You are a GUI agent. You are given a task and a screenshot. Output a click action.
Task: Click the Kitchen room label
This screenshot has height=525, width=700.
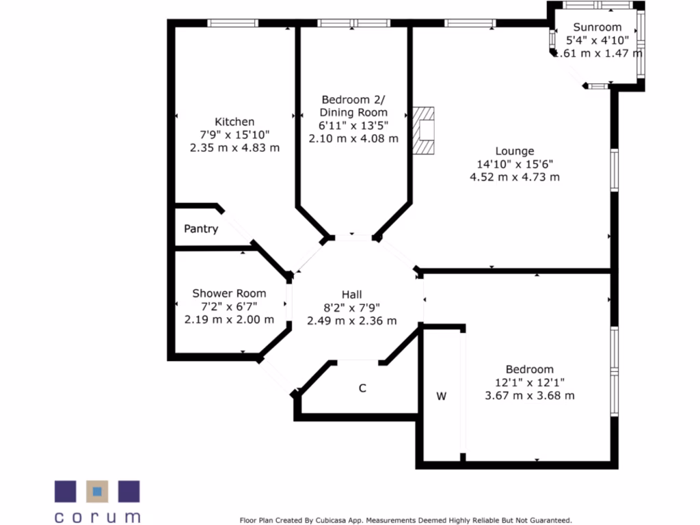click(234, 122)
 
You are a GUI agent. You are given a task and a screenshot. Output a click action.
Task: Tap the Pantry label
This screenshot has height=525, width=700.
click(201, 229)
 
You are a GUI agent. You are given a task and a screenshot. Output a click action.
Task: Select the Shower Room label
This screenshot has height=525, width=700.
click(229, 293)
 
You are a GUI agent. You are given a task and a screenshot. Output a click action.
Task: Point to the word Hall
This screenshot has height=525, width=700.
click(351, 294)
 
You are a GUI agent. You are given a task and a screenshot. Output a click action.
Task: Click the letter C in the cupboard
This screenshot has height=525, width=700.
click(363, 388)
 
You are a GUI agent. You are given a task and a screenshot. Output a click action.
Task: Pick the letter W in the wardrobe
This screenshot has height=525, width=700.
click(442, 396)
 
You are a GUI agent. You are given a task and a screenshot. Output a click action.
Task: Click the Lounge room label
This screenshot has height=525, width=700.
click(515, 151)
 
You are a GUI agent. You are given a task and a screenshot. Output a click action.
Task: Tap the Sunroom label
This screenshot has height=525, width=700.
click(597, 27)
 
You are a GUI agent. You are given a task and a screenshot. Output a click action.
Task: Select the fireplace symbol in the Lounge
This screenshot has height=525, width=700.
click(425, 130)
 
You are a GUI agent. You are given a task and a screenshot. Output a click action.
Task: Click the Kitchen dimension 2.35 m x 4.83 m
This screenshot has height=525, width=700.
click(234, 148)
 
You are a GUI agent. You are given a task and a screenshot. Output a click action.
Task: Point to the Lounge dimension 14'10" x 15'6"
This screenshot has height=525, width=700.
click(515, 164)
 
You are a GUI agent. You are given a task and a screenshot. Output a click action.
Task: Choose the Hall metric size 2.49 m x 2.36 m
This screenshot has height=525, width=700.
click(351, 321)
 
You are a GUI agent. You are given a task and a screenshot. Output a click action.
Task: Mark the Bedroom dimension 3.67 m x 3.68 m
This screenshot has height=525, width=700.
click(530, 395)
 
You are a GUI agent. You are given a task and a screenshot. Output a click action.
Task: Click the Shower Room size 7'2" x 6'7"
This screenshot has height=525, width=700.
click(229, 306)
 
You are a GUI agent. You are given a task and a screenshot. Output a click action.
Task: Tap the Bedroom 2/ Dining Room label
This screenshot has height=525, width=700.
click(353, 106)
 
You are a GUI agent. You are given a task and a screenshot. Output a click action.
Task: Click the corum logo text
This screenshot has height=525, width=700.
click(97, 517)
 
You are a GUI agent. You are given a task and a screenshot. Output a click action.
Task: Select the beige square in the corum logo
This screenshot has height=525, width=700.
click(97, 492)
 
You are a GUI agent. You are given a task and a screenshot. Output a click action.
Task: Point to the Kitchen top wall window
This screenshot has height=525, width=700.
click(233, 23)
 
